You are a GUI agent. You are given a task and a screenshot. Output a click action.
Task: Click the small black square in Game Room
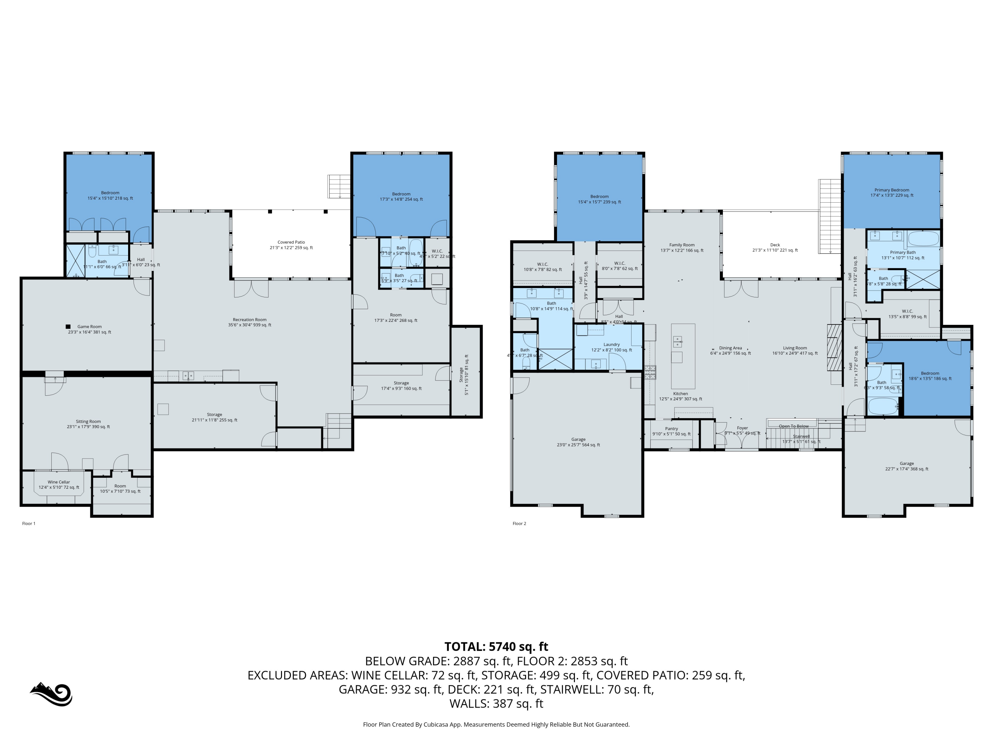[68, 326]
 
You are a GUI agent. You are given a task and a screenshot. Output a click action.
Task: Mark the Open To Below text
[794, 426]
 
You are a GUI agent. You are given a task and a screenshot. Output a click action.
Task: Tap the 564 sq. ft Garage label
[578, 442]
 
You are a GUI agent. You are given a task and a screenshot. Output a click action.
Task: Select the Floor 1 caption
[29, 523]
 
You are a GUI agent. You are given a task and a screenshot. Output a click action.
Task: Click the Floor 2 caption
[519, 523]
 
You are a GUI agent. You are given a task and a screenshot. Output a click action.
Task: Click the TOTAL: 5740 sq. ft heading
[496, 647]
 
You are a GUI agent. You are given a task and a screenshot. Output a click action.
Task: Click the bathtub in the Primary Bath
[923, 238]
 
